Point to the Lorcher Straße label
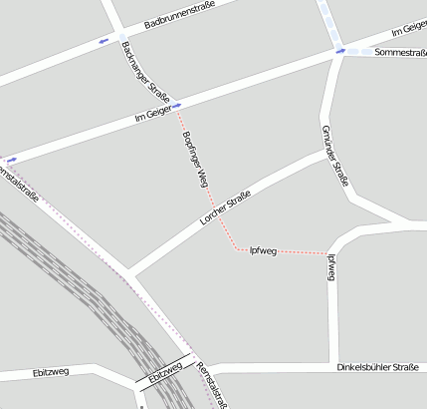(224, 208)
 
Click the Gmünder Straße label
(334, 157)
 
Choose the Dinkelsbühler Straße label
(377, 368)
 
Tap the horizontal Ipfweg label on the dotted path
(263, 249)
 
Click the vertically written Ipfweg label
(330, 266)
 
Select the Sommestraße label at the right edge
(401, 53)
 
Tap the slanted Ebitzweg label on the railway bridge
(165, 374)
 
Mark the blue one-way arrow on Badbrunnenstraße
(103, 42)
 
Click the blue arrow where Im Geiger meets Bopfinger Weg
(177, 106)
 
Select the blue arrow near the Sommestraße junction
(340, 51)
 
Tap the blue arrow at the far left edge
(11, 159)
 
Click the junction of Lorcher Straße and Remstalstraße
(128, 271)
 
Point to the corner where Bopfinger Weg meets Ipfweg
(237, 248)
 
